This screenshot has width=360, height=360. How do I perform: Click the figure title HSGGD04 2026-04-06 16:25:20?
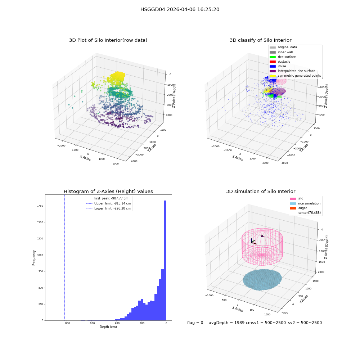[x=180, y=9]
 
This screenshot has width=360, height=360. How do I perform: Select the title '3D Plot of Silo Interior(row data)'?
[x=108, y=40]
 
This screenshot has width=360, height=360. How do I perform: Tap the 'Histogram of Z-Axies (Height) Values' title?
[x=108, y=191]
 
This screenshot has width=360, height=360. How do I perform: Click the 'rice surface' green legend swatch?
[x=273, y=57]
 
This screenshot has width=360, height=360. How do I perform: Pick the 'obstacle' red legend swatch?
[x=273, y=62]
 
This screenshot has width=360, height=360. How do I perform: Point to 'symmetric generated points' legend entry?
[x=295, y=76]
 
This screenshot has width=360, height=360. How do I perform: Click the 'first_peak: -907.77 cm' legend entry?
[x=107, y=198]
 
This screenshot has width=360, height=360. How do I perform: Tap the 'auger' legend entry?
[x=298, y=208]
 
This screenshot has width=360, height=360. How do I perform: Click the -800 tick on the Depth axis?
[x=67, y=323]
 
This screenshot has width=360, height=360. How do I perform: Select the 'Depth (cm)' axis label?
[x=108, y=327]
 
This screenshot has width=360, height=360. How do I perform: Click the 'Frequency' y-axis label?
[x=34, y=258]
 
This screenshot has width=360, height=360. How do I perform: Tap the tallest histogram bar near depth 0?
[x=165, y=260]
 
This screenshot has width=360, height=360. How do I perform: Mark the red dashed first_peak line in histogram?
[x=53, y=258]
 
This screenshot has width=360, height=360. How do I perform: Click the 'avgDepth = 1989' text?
[x=225, y=323]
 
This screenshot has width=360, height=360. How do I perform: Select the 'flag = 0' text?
[x=195, y=323]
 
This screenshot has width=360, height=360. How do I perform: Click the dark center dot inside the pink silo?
[x=262, y=236]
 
